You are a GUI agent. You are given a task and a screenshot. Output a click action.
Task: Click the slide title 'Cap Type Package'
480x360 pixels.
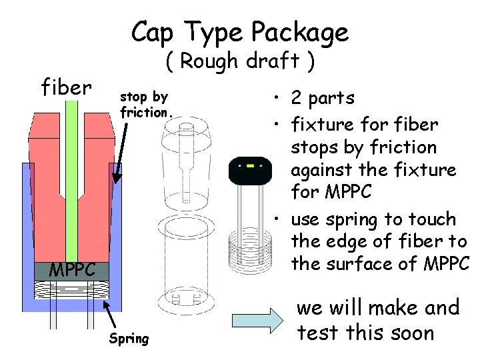(x=239, y=31)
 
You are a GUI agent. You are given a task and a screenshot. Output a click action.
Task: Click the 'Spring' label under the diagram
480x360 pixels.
(x=129, y=338)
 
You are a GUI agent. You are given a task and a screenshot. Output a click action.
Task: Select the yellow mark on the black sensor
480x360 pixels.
(x=250, y=164)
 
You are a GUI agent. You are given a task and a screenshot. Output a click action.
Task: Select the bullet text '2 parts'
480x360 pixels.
(x=322, y=98)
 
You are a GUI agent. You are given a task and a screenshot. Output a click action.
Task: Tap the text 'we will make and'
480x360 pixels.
(x=377, y=308)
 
